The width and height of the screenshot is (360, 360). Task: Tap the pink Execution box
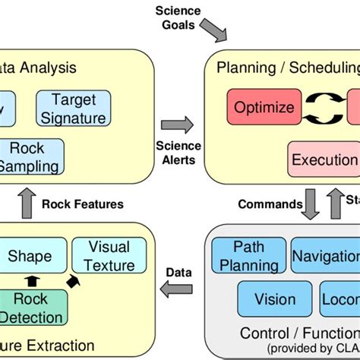[x=324, y=159]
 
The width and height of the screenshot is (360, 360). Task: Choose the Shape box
[x=30, y=257]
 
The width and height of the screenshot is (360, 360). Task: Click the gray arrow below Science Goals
[x=217, y=33]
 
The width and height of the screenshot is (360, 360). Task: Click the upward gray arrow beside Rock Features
[x=24, y=204]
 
